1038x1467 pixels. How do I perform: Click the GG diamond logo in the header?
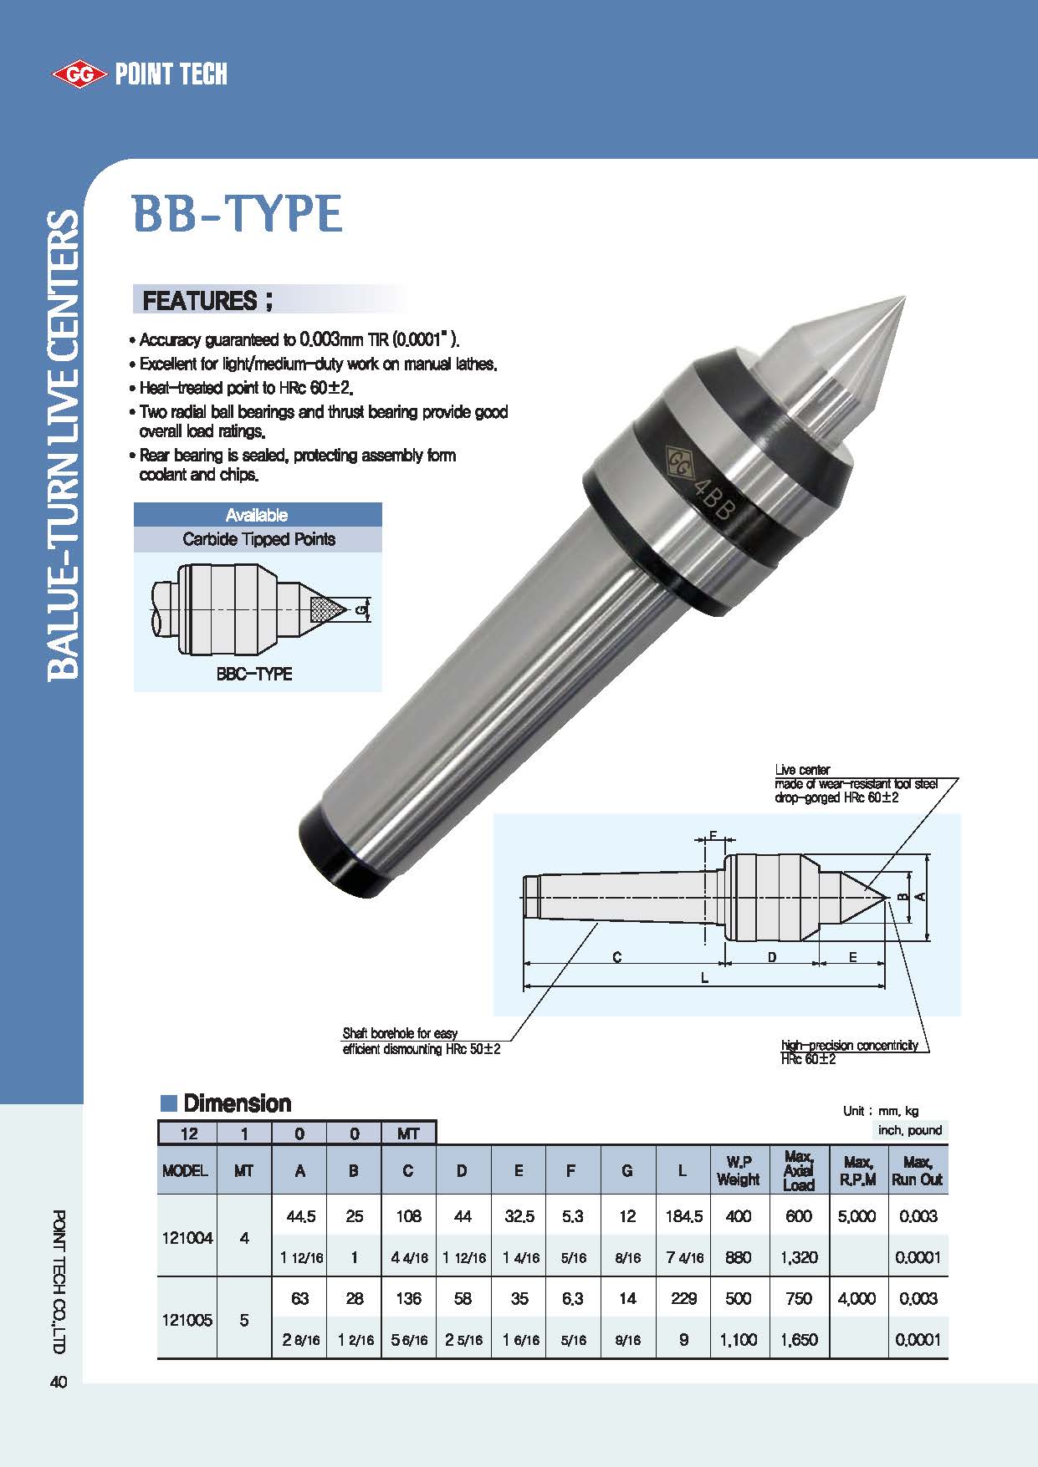[79, 74]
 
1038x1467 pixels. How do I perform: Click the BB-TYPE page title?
[238, 214]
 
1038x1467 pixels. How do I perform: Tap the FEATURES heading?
[207, 300]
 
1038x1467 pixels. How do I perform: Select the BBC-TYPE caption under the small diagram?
[254, 674]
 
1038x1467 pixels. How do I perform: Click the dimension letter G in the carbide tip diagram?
[360, 610]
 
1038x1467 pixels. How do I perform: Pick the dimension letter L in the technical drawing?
[704, 977]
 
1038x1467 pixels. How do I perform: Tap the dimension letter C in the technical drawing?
[617, 957]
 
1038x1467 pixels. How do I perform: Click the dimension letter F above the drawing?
[713, 835]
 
